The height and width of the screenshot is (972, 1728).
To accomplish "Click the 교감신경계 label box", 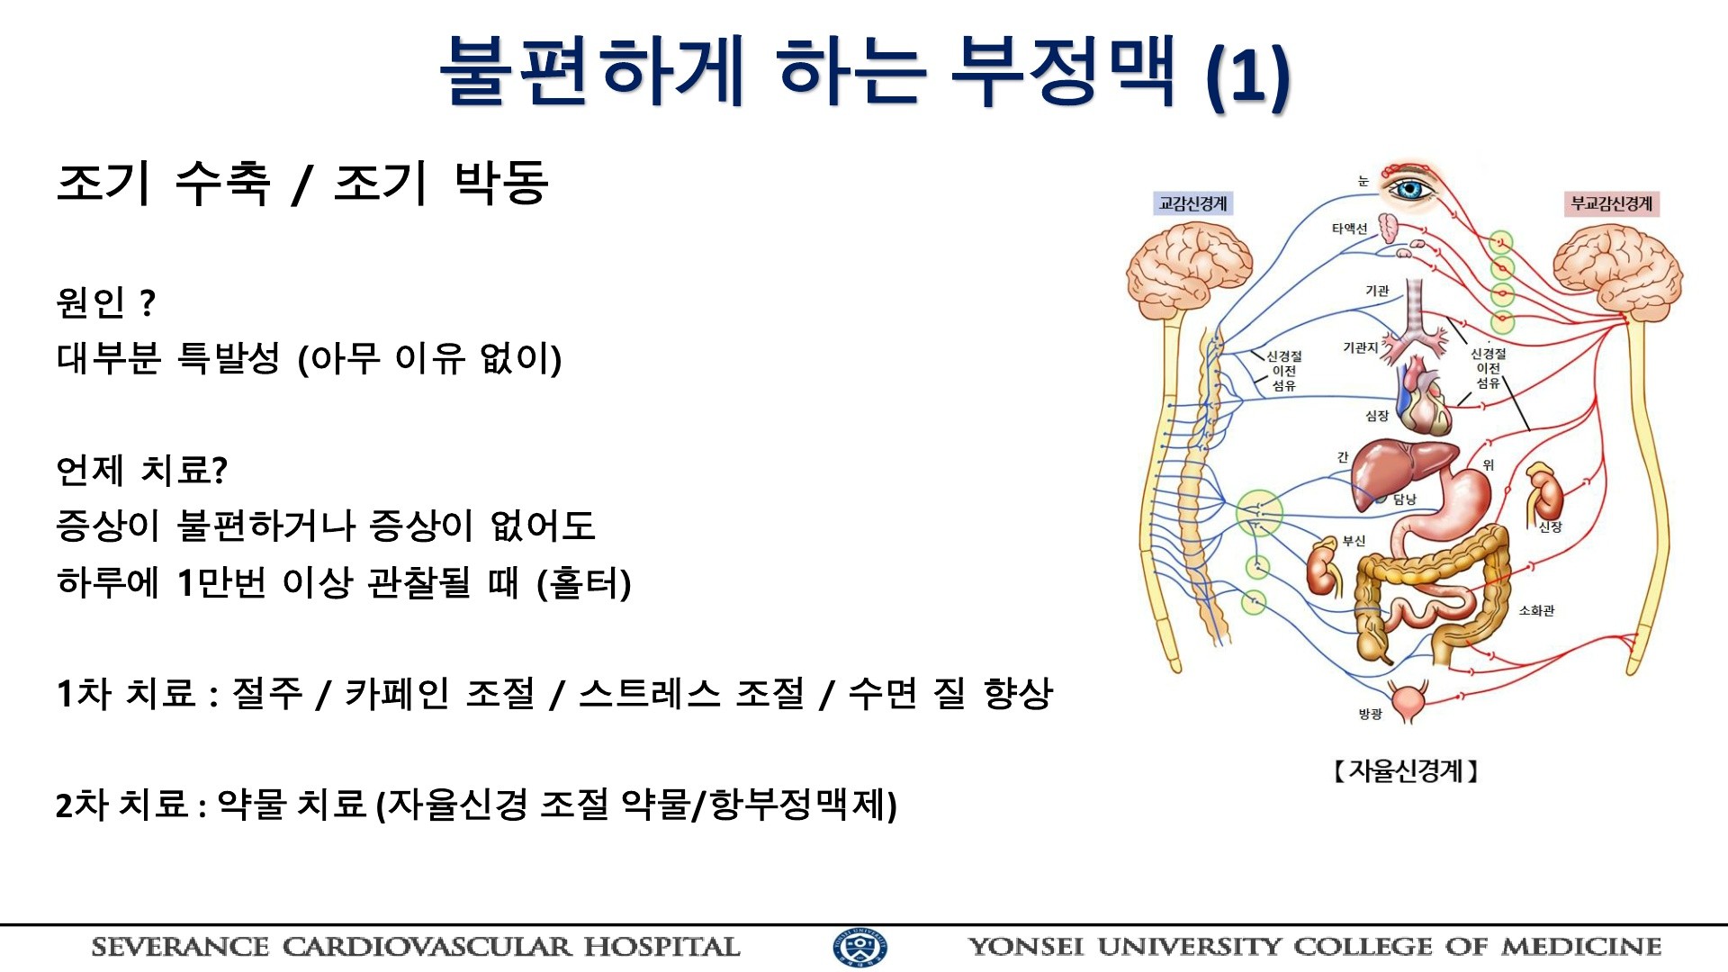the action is pyautogui.click(x=1192, y=204).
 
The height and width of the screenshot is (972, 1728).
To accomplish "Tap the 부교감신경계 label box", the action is pyautogui.click(x=1611, y=204).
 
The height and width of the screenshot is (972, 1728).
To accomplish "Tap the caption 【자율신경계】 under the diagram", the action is pyautogui.click(x=1406, y=771).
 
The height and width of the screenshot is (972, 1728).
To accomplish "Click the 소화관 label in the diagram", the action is pyautogui.click(x=1536, y=611).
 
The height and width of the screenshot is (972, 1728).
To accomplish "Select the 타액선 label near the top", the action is pyautogui.click(x=1349, y=229).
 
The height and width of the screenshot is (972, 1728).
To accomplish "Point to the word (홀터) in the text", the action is pyautogui.click(x=584, y=583).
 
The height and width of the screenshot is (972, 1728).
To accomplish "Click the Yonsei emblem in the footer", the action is pyautogui.click(x=859, y=947).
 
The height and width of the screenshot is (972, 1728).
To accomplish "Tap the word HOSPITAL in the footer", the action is pyautogui.click(x=661, y=947).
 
